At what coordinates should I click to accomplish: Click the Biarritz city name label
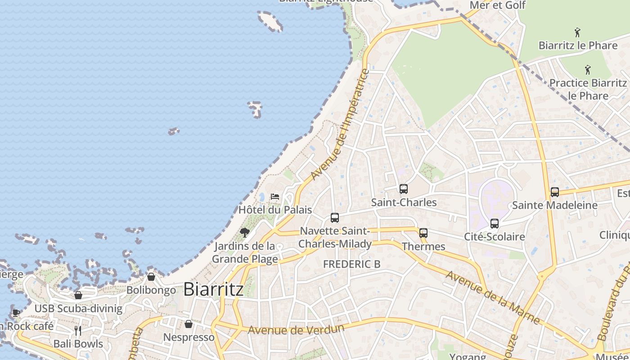[213, 289]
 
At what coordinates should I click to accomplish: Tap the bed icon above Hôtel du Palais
[274, 197]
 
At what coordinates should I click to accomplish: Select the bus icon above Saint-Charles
[404, 189]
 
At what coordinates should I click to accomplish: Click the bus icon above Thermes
[423, 233]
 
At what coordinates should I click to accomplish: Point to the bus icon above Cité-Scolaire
[495, 223]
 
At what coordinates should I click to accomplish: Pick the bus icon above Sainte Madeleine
[555, 192]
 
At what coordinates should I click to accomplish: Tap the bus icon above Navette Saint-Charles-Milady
[335, 218]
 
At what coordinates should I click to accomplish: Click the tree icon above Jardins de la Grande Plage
[245, 232]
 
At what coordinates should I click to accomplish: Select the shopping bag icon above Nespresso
[189, 324]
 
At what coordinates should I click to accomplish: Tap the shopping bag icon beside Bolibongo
[151, 277]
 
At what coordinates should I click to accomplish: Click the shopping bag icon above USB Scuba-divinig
[78, 295]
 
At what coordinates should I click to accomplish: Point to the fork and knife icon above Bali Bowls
[78, 331]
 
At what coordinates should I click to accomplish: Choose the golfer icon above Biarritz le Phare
[578, 32]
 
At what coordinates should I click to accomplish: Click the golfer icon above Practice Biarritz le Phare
[588, 70]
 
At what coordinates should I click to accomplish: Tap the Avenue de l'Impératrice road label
[340, 125]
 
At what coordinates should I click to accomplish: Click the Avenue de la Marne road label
[492, 297]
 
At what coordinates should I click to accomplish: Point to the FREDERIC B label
[352, 264]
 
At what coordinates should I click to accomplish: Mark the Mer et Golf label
[497, 5]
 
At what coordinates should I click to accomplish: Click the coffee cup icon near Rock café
[16, 313]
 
